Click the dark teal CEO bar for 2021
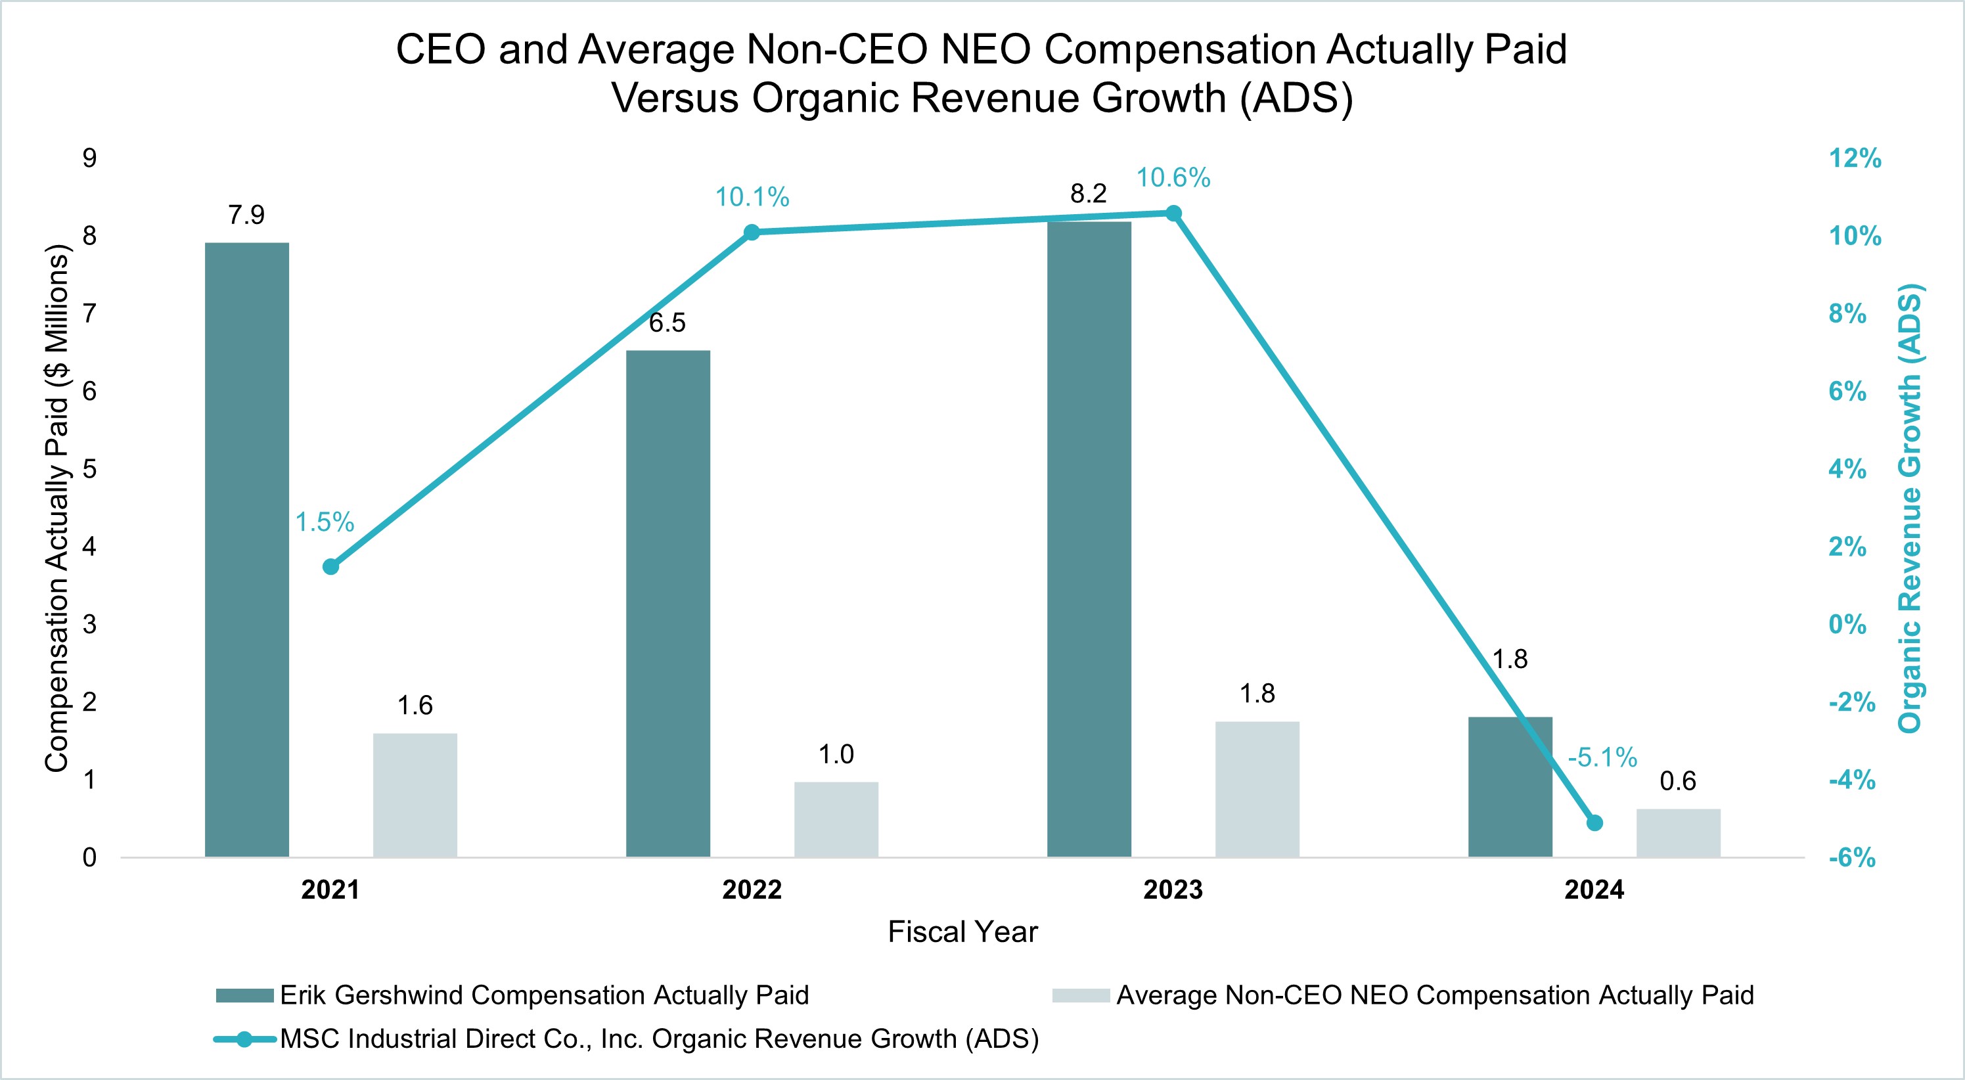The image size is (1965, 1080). tap(246, 549)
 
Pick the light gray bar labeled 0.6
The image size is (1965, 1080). tap(1677, 833)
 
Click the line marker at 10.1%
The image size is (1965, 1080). tap(752, 233)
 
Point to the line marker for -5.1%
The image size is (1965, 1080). tap(1594, 823)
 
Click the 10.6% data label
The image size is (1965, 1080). tap(1173, 179)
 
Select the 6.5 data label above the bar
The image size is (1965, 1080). tap(667, 323)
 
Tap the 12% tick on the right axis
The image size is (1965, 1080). tap(1855, 158)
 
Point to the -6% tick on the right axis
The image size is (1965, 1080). tap(1851, 858)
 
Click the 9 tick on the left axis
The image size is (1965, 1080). tap(90, 158)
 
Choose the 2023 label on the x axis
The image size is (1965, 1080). tap(1173, 890)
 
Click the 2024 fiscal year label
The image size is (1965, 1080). tap(1594, 890)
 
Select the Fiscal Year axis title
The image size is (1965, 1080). tap(962, 932)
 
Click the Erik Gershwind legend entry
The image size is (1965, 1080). tap(543, 995)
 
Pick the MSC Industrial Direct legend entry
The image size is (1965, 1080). tap(658, 1039)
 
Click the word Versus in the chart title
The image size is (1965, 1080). tap(675, 99)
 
